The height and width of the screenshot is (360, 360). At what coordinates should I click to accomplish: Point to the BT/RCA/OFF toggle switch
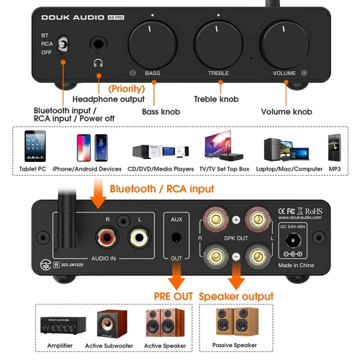coord(63,45)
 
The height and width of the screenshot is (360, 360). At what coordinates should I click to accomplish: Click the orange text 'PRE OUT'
coord(172,296)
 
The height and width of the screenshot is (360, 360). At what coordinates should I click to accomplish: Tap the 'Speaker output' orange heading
coord(236,296)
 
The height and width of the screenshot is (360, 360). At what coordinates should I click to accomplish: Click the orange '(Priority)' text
coord(125,87)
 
